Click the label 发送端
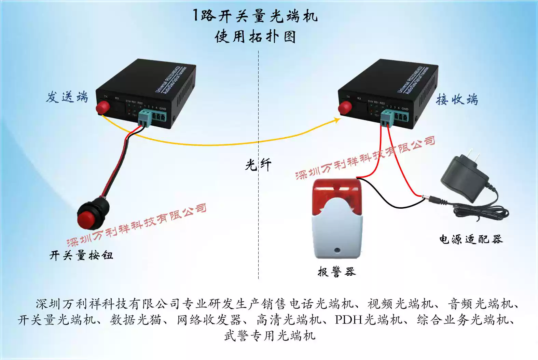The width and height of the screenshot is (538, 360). click(x=67, y=97)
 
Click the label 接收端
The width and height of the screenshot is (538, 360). click(x=457, y=100)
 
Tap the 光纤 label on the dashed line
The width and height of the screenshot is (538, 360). click(x=258, y=165)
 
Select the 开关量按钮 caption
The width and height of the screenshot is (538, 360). click(x=81, y=255)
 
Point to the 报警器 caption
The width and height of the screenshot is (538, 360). click(x=336, y=272)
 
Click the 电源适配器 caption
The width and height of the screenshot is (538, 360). click(x=471, y=239)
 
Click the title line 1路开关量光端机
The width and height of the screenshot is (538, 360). click(x=255, y=16)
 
